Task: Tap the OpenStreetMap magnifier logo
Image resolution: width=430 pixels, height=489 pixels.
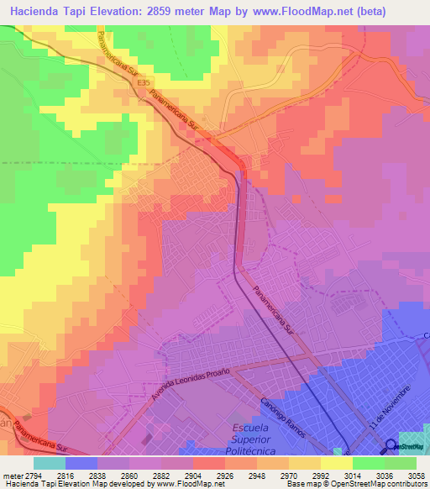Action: (x=391, y=447)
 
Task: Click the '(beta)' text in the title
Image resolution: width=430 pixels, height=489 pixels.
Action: (x=401, y=13)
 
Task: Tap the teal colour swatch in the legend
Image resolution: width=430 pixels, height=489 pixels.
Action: (x=49, y=463)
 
